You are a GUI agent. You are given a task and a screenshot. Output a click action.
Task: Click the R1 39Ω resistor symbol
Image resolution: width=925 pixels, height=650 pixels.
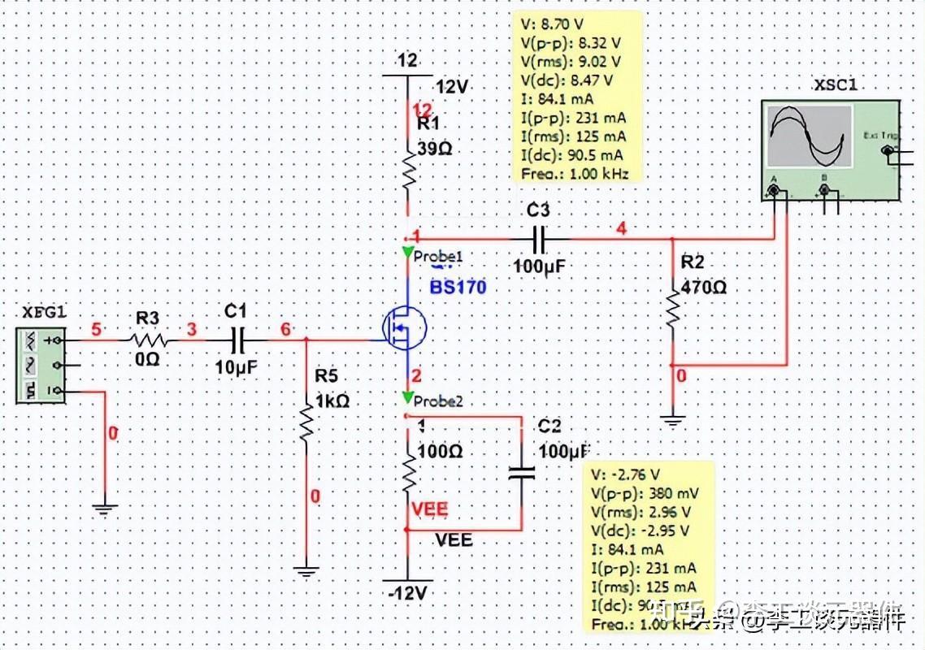[408, 170]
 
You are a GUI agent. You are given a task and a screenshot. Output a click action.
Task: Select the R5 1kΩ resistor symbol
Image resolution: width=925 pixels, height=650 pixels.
[306, 421]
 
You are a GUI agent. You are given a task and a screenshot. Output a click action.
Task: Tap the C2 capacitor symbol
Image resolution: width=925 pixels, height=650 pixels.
[521, 473]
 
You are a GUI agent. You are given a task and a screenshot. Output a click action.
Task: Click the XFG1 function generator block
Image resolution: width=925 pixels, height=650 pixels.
[40, 365]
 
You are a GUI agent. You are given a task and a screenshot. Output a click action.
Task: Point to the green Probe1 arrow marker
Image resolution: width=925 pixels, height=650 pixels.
[406, 253]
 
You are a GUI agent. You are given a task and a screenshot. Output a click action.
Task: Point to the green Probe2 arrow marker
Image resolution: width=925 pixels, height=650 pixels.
[406, 397]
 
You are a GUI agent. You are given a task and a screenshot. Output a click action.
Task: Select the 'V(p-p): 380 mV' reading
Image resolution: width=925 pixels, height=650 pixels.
[645, 493]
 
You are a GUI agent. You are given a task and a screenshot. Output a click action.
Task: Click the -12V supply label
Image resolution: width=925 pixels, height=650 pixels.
[407, 593]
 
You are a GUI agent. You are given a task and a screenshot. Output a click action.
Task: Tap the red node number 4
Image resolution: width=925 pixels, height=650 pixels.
[621, 228]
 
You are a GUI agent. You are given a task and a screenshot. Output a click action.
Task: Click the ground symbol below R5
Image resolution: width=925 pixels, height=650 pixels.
[306, 572]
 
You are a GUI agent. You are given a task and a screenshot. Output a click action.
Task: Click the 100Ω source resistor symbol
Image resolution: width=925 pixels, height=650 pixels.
[408, 474]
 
